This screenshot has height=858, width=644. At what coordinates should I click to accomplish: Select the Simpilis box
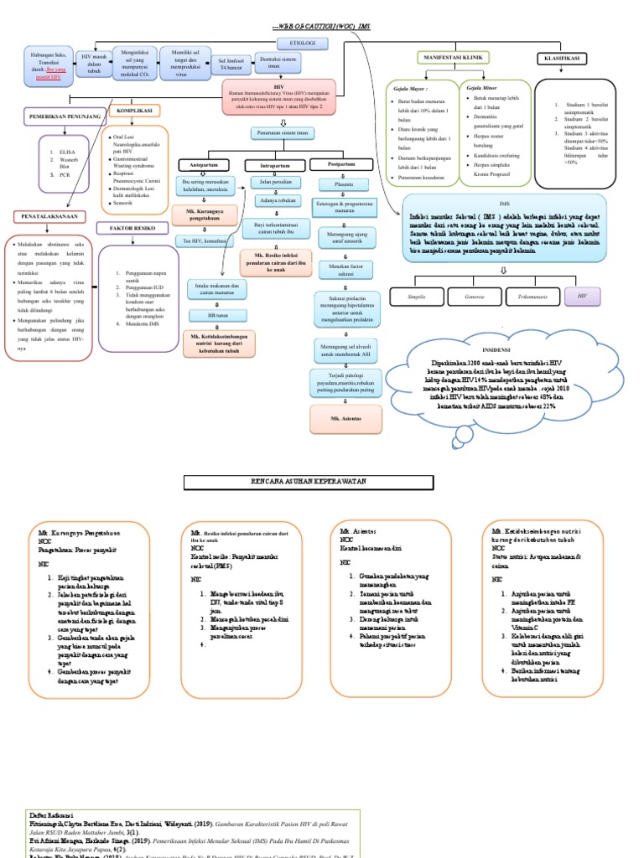(416, 296)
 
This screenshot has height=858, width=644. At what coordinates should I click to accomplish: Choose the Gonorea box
(473, 296)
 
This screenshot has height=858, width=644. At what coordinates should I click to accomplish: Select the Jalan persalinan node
(278, 182)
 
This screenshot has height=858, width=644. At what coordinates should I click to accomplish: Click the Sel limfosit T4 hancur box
(231, 63)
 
